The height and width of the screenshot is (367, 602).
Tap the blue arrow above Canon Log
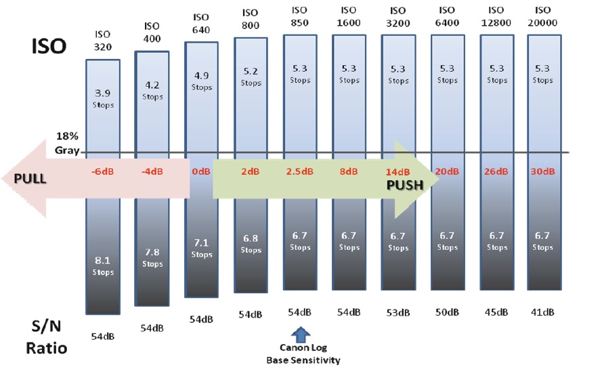(x=299, y=334)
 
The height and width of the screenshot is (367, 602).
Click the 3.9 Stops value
(x=102, y=99)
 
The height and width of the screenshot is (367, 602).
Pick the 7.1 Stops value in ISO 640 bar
(x=201, y=249)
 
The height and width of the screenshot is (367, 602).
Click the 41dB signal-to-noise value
(x=542, y=312)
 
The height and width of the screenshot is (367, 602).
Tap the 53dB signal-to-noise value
(x=398, y=312)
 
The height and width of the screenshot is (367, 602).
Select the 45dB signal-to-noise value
(x=496, y=312)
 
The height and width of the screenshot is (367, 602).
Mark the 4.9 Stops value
(x=201, y=81)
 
